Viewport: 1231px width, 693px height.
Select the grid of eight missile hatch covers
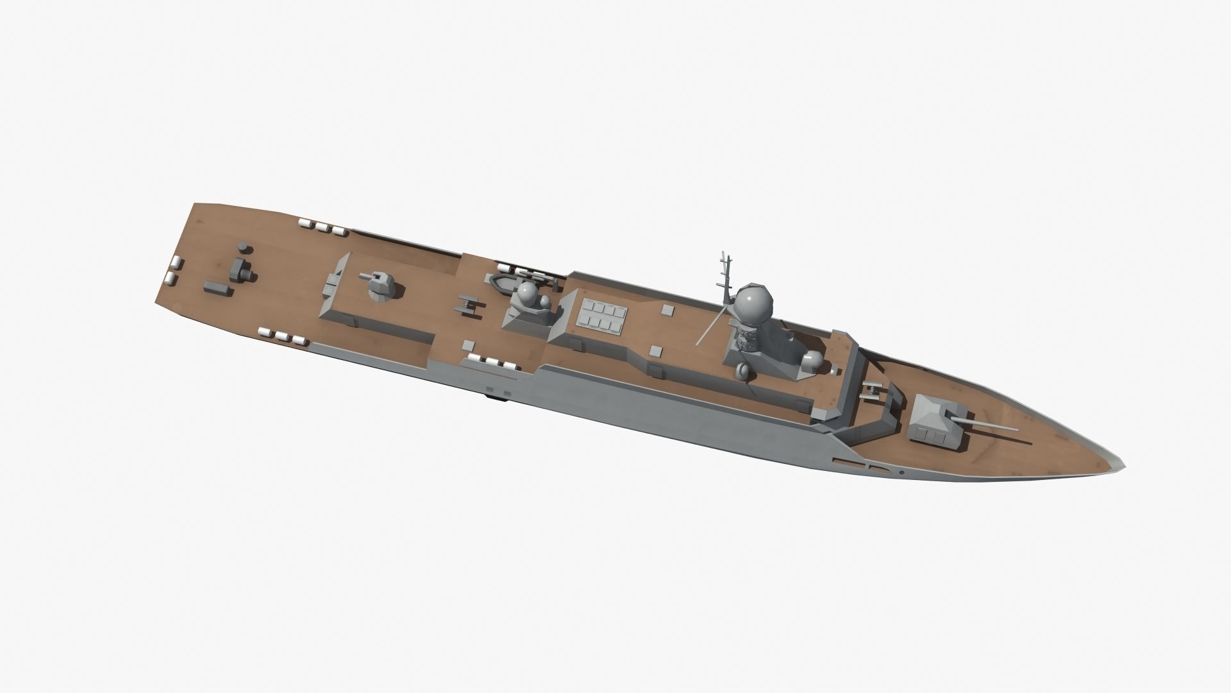click(601, 318)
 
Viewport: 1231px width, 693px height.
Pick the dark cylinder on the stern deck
click(243, 248)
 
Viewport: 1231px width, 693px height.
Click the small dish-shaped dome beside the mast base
click(744, 370)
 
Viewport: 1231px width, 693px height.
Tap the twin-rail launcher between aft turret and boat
click(467, 303)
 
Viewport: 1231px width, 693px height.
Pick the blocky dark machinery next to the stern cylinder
click(242, 269)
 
